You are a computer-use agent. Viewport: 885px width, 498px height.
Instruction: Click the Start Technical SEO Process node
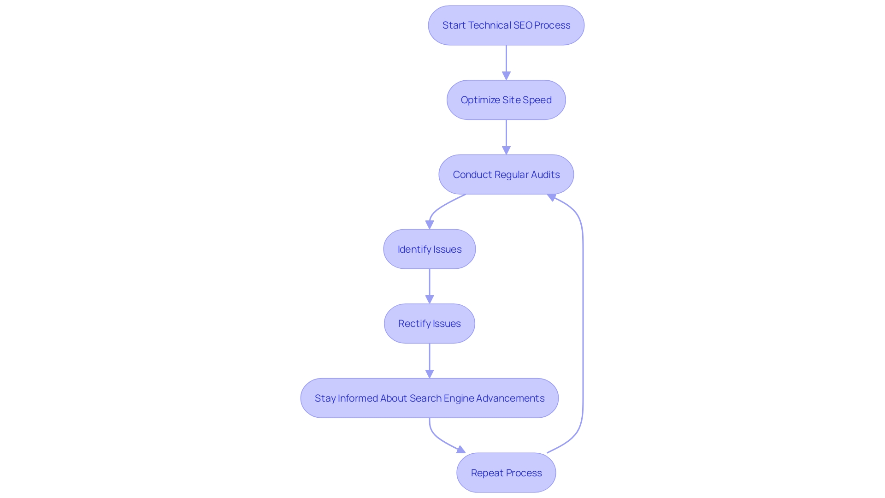pos(506,25)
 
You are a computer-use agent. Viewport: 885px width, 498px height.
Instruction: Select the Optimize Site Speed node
pos(506,100)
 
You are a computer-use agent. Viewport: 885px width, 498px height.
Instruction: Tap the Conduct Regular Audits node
pos(506,175)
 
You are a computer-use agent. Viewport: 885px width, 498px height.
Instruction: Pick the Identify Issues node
pos(429,249)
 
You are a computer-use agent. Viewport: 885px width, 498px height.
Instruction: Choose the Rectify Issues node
pos(429,324)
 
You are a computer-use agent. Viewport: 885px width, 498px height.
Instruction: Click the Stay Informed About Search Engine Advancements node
pos(429,398)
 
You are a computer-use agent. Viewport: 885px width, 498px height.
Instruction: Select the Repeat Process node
pos(506,473)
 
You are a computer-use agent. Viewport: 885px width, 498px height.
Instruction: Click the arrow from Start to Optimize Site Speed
pos(506,62)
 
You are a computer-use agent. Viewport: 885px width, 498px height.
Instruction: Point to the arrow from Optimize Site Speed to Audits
pos(506,137)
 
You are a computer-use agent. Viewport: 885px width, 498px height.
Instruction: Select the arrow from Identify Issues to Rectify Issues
pos(429,286)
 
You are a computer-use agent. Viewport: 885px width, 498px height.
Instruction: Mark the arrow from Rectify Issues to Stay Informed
pos(429,361)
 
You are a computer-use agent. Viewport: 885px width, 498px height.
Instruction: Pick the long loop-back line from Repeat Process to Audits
pos(583,323)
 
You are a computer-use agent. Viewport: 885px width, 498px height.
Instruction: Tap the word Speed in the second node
pos(537,100)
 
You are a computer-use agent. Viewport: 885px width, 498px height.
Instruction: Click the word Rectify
pos(413,324)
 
